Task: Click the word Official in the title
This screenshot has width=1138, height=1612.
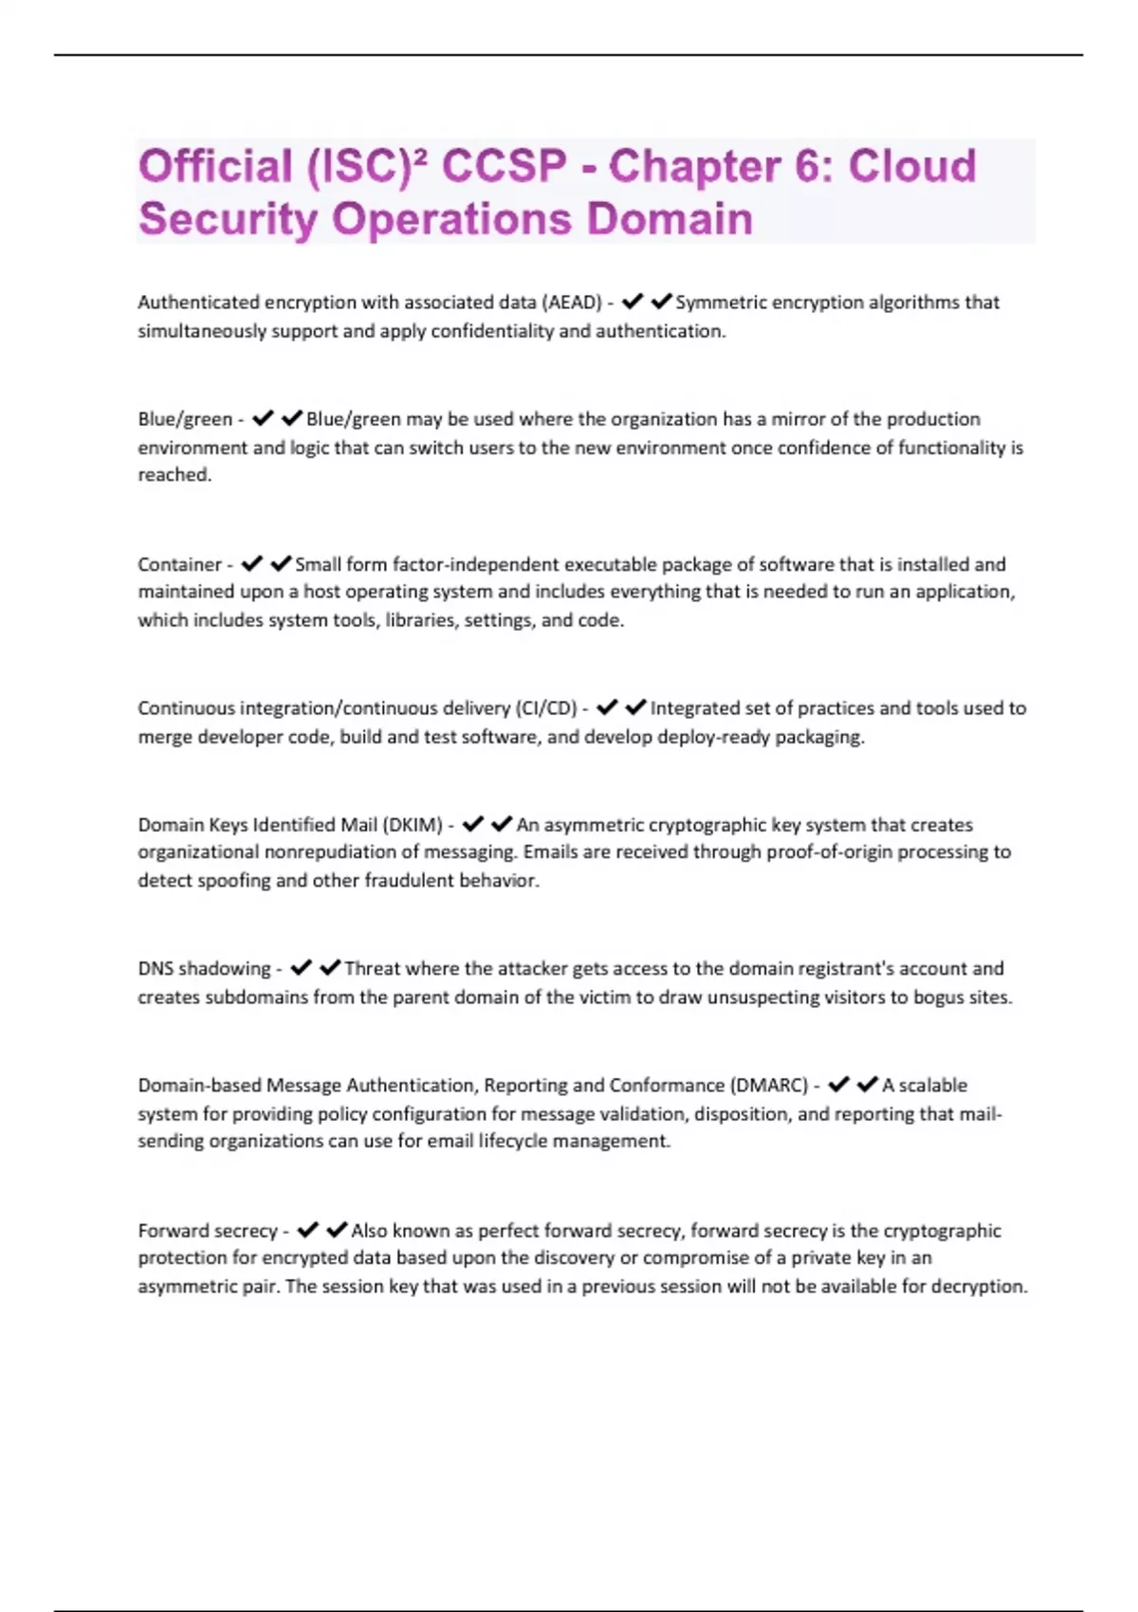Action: click(215, 166)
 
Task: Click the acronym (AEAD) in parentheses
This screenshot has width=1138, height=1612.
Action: click(571, 302)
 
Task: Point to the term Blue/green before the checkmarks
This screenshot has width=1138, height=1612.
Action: click(185, 419)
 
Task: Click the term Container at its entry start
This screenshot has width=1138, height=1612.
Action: click(179, 564)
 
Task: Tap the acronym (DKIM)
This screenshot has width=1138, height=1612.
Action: click(413, 825)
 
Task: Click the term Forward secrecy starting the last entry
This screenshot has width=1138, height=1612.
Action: click(208, 1231)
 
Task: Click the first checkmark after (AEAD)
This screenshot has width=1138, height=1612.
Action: click(633, 302)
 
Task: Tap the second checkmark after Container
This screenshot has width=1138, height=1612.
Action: click(281, 563)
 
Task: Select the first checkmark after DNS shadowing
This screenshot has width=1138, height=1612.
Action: click(302, 967)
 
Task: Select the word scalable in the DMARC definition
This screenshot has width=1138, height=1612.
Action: click(933, 1085)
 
